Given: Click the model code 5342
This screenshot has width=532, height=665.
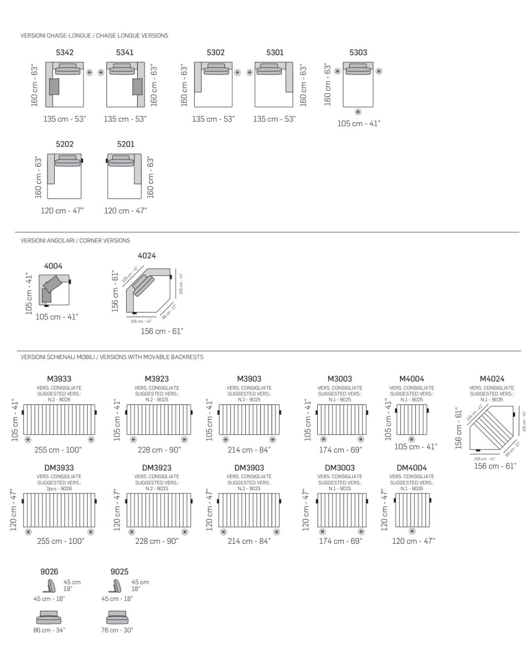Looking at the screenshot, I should (65, 52).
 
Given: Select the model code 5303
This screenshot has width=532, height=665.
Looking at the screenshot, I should (358, 52).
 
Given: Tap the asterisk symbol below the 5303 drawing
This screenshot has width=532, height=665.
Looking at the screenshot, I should (358, 112).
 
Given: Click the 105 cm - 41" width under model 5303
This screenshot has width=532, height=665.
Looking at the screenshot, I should (359, 124).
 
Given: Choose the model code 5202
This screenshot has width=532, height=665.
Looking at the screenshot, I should (65, 144).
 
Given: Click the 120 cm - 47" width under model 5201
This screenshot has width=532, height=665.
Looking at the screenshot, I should (125, 211).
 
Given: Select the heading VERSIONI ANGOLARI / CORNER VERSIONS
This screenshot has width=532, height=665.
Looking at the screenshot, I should (75, 240).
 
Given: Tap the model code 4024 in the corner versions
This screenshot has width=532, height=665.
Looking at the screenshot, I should (147, 256).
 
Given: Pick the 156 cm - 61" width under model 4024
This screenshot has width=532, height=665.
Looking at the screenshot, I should (162, 332).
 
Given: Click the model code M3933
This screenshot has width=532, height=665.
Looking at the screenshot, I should (59, 379).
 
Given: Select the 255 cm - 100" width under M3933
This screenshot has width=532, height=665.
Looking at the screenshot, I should (58, 450).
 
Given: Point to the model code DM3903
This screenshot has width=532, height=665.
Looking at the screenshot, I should (249, 467).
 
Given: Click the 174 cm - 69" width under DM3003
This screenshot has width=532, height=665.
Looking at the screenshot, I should (340, 541).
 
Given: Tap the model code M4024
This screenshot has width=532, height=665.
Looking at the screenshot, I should (492, 379).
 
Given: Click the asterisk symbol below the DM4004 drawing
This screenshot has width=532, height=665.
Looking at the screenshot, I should (412, 532).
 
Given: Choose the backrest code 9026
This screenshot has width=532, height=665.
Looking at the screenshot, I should (49, 571).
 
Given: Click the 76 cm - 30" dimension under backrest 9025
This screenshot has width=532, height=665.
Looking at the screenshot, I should (117, 630).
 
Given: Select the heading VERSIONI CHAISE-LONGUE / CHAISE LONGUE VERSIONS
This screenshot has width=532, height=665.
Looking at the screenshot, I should (94, 35).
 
